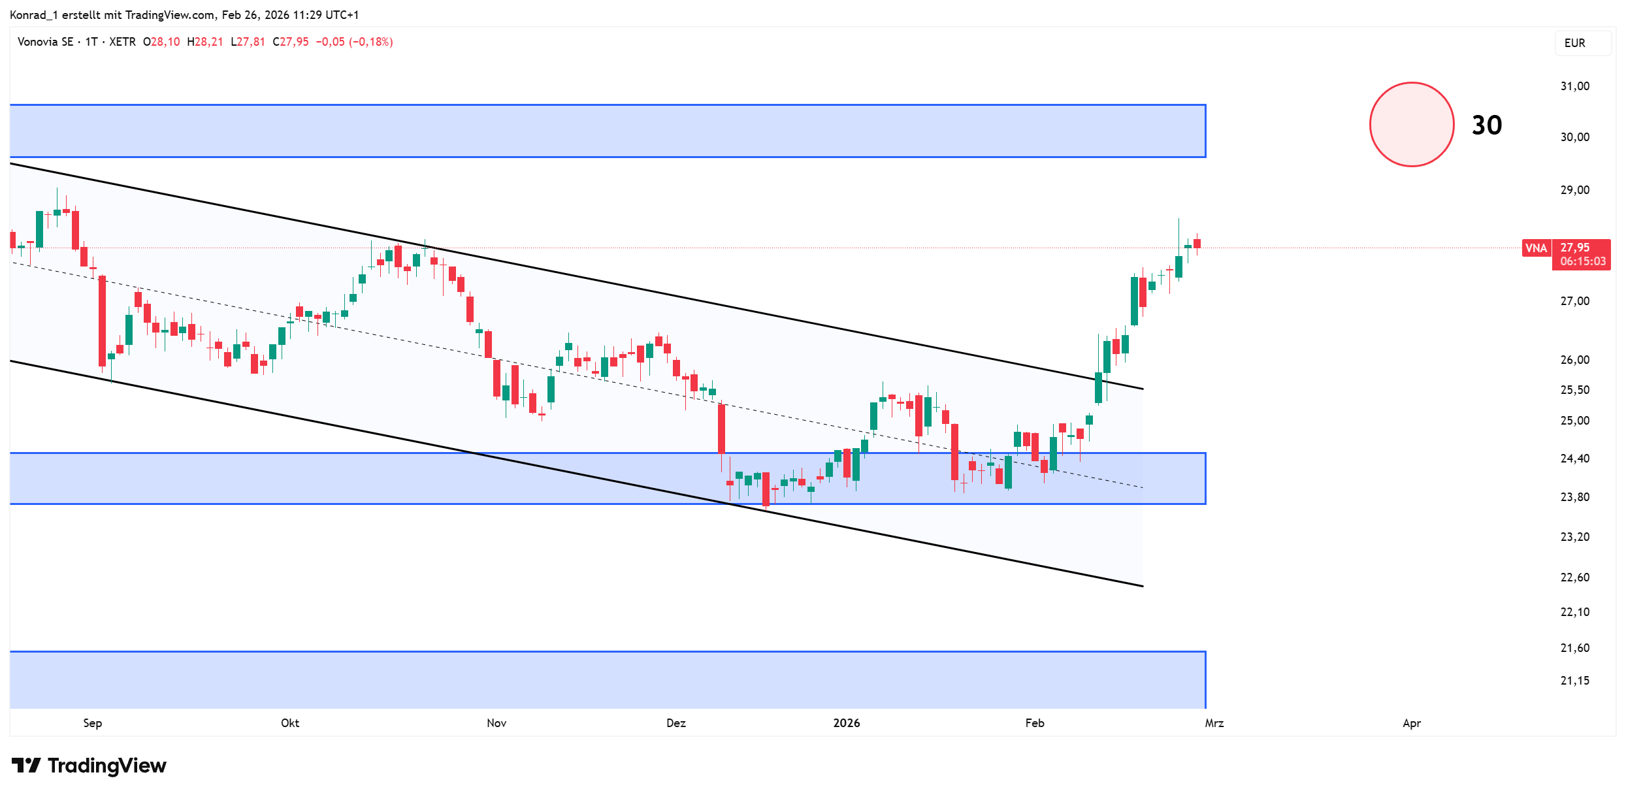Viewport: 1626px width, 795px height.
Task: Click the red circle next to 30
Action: (1411, 124)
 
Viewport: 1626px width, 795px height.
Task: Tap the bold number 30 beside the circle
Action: (1486, 125)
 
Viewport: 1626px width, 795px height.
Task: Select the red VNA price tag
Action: (1536, 248)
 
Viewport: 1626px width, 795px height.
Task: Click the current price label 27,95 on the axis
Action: (1575, 248)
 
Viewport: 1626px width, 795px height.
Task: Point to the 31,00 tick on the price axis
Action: (1574, 86)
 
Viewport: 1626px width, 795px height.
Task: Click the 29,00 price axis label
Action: (1574, 190)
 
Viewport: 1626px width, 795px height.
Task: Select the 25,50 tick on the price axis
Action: (1574, 390)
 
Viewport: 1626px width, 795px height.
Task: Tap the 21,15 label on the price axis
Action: (1574, 681)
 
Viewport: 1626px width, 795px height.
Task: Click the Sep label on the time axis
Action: (93, 723)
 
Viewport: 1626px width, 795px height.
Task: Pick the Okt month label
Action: (290, 723)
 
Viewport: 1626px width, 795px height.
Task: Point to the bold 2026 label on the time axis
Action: (847, 723)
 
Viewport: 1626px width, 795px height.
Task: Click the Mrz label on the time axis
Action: (1214, 723)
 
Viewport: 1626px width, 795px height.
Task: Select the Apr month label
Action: (1412, 723)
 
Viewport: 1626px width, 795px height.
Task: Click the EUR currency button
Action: (1574, 43)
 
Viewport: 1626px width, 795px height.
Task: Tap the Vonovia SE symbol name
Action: (45, 42)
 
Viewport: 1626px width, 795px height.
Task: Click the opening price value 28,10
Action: (165, 42)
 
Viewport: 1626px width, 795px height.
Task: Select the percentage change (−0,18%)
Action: (371, 42)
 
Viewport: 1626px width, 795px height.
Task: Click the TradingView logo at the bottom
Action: (89, 765)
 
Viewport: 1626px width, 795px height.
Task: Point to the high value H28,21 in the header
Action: (205, 42)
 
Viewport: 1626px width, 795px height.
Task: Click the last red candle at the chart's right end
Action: (1197, 244)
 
